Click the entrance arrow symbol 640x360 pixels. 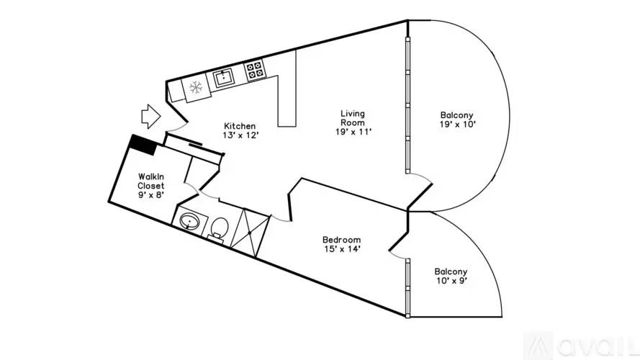tap(151, 117)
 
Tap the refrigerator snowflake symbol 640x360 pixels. tap(196, 87)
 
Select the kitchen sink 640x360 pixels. tap(223, 78)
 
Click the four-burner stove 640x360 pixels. tap(255, 69)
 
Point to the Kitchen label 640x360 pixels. tap(240, 126)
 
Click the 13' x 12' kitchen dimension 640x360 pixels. tap(241, 135)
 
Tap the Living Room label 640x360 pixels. tap(353, 118)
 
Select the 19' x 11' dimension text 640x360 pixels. tap(353, 132)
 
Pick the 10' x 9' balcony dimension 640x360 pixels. tap(451, 280)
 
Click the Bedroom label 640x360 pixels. tap(342, 240)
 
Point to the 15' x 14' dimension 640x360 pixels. tap(342, 248)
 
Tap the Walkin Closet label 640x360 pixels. tap(151, 181)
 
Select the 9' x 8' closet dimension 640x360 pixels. tap(151, 194)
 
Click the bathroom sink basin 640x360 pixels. tap(189, 222)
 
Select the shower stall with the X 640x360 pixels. tap(250, 233)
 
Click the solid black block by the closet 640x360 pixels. tap(143, 145)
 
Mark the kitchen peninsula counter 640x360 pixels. tap(287, 100)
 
